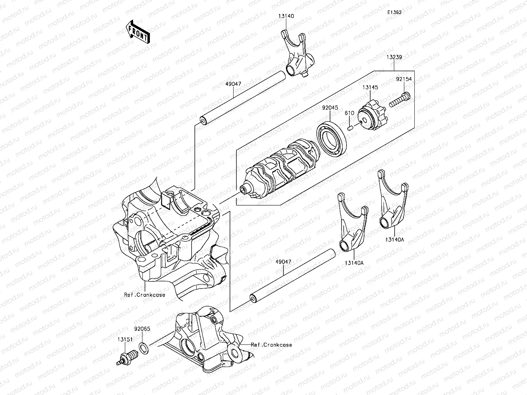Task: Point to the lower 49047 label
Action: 283,262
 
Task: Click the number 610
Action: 349,113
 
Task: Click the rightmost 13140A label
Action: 395,240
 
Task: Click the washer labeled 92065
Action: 143,347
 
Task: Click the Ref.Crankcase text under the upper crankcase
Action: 145,295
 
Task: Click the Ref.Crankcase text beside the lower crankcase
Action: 271,345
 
